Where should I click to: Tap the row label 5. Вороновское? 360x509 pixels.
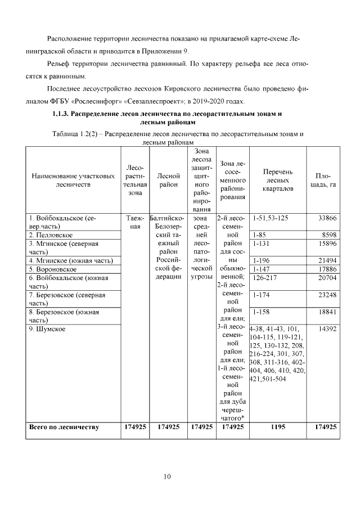click(53, 269)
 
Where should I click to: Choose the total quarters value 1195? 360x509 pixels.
click(277, 427)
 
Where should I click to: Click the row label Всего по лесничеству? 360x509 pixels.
click(64, 427)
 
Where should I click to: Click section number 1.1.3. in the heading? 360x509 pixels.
click(64, 114)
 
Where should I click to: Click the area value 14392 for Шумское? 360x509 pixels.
click(327, 329)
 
